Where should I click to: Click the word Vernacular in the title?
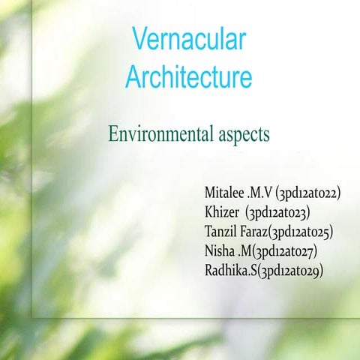pos(188,39)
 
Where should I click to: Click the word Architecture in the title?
pos(188,77)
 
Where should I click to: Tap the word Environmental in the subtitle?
pos(156,136)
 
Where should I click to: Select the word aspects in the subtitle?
pos(238,136)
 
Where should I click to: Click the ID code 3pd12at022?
pos(308,193)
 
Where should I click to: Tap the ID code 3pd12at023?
pos(287,213)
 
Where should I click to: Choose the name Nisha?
pos(219,250)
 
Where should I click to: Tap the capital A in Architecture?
pos(133,77)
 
